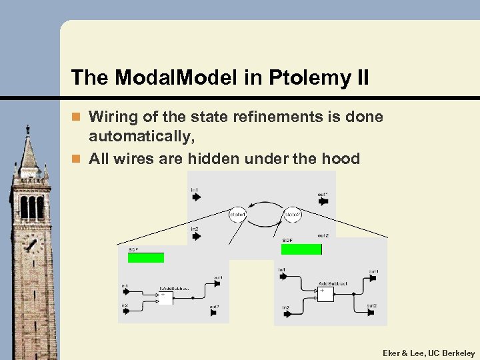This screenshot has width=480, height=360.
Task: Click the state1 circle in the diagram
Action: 237,215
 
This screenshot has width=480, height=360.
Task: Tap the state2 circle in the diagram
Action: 292,215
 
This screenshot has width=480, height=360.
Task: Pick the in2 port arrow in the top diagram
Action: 195,237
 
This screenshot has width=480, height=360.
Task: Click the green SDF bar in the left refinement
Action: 146,257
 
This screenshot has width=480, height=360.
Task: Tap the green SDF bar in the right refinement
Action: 301,249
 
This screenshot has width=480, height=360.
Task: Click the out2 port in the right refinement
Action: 371,313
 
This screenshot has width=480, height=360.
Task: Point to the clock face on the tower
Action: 31,244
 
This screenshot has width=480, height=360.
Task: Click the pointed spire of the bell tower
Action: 27,150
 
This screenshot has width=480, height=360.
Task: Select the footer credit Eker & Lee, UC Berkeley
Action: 429,353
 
